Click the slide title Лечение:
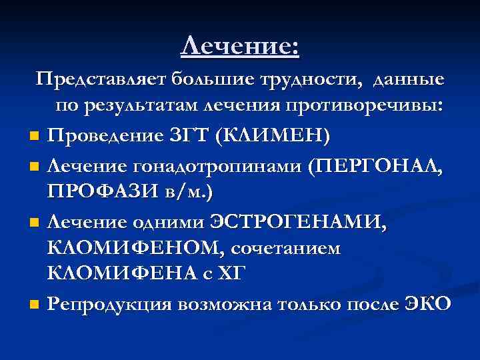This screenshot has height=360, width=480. click(240, 46)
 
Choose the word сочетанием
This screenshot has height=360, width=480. click(286, 248)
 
